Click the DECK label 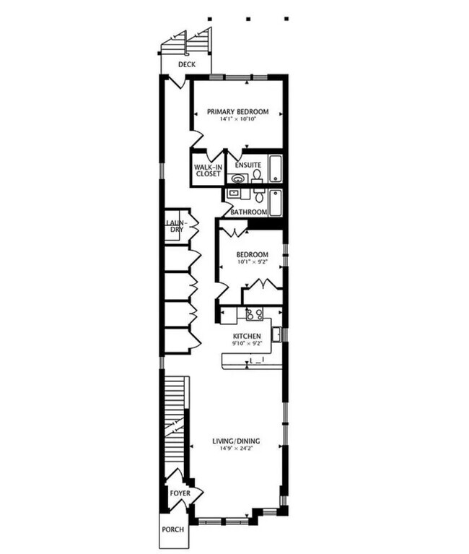pos(187,64)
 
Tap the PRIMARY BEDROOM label pos(237,111)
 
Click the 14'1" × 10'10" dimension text pos(237,119)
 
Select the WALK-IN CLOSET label pos(206,170)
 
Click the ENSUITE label pos(247,164)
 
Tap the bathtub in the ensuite pos(276,169)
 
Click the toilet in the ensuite pos(257,176)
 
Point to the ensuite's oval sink pos(236,177)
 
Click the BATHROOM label pos(249,212)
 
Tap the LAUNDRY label pos(176,226)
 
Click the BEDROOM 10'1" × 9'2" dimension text pos(253,262)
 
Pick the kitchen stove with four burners pos(253,314)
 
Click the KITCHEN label pos(246,337)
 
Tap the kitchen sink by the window pos(276,334)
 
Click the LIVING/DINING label pos(236,441)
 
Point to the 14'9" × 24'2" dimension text pos(236,449)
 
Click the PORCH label pos(172,529)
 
